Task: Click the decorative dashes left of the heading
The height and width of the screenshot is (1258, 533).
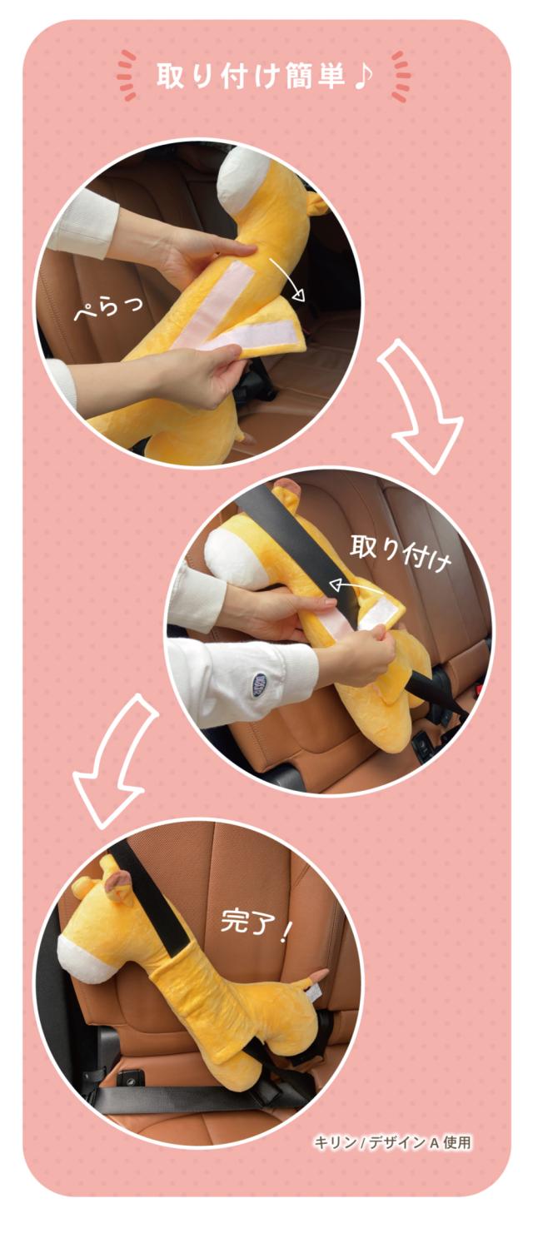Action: click(127, 75)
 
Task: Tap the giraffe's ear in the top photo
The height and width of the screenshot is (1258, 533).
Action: click(316, 202)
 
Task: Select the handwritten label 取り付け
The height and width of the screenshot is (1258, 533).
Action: click(400, 554)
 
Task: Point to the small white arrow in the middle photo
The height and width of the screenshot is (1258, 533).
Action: click(356, 586)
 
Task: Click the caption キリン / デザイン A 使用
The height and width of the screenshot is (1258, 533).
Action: click(391, 1142)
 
